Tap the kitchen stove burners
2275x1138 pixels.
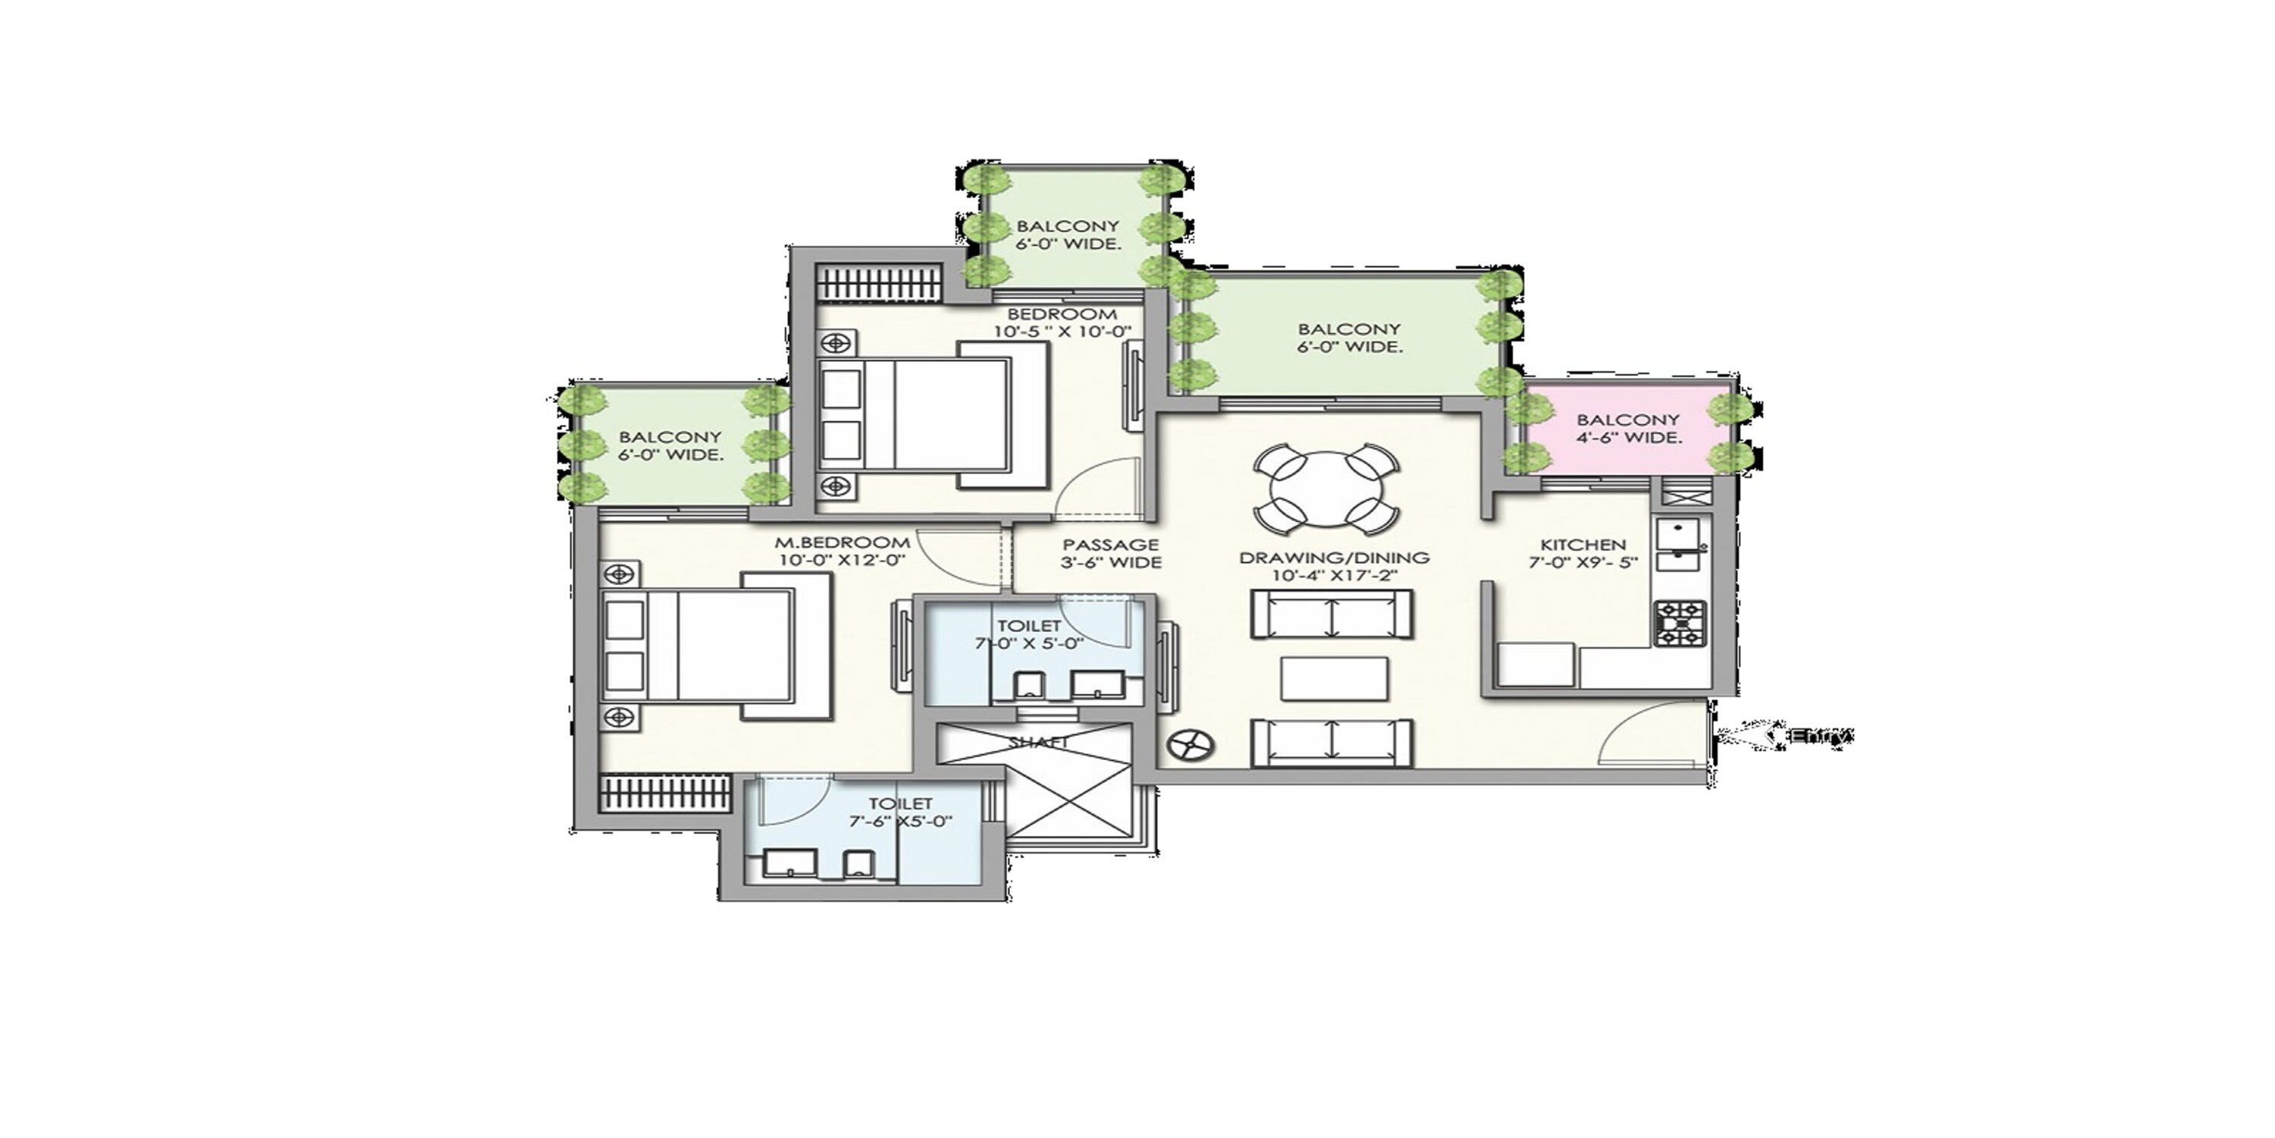click(1680, 624)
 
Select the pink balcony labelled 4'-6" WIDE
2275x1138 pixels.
click(1627, 429)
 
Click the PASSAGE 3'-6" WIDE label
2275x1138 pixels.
click(1110, 554)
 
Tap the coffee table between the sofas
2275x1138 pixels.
click(1334, 678)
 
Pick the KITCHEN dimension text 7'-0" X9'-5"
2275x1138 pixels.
click(1583, 562)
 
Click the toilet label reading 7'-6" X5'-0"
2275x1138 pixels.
click(901, 821)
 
